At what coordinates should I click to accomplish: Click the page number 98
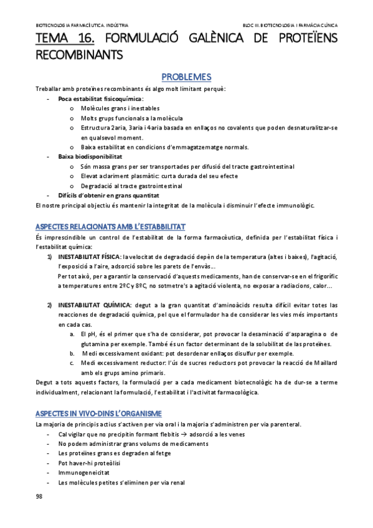pyautogui.click(x=39, y=496)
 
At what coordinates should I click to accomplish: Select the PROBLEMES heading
pyautogui.click(x=186, y=77)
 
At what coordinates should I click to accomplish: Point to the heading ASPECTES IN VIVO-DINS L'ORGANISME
pyautogui.click(x=98, y=413)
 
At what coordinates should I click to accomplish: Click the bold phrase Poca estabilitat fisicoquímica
pyautogui.click(x=100, y=98)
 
